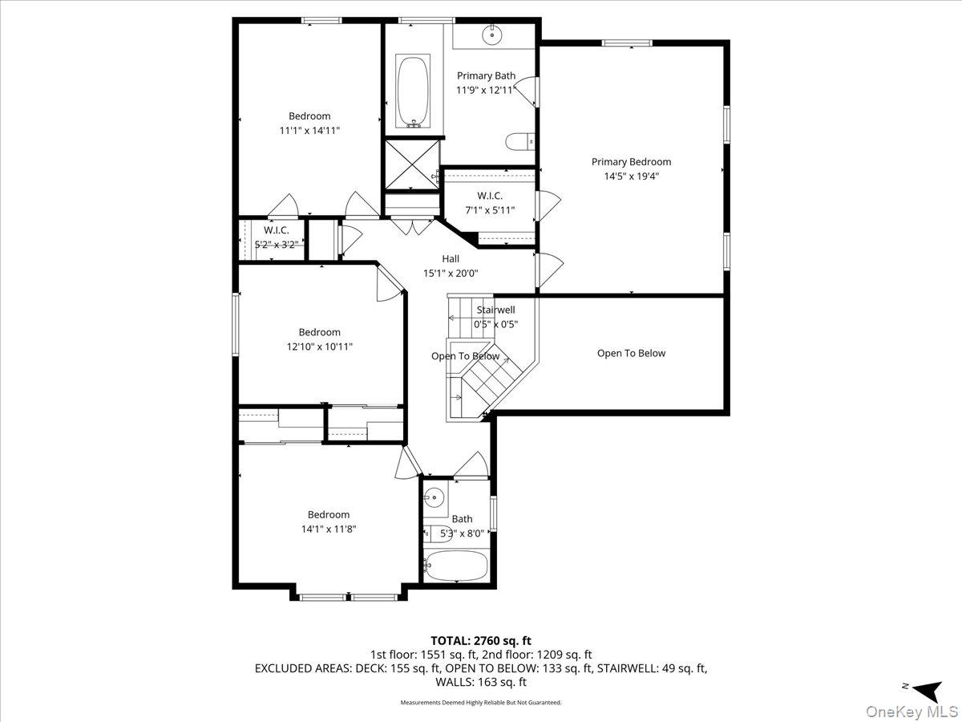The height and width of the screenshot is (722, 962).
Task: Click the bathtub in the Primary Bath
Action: click(412, 91)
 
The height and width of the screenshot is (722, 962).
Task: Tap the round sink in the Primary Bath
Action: click(491, 34)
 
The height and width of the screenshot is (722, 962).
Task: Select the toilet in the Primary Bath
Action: click(520, 142)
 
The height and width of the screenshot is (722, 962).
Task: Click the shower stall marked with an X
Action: click(411, 164)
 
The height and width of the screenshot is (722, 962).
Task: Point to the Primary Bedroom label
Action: click(631, 162)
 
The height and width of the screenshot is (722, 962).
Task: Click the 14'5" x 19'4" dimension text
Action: click(631, 176)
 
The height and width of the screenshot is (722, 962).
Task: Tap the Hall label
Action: click(451, 258)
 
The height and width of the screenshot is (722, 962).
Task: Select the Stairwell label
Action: click(495, 310)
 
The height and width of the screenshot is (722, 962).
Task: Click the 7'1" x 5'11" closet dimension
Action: click(490, 210)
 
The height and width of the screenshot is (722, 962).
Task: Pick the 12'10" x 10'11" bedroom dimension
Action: click(320, 347)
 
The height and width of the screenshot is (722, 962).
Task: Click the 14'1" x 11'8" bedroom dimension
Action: click(328, 529)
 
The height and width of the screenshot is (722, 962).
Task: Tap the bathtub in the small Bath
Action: click(456, 565)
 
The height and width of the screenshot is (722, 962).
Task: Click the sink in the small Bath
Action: click(434, 497)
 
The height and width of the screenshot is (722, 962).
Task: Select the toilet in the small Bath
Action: click(438, 533)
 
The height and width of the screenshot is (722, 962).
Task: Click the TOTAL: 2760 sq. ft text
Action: click(481, 641)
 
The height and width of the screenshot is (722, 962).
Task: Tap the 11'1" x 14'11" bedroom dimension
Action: click(309, 131)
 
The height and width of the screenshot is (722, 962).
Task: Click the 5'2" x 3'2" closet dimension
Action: click(276, 245)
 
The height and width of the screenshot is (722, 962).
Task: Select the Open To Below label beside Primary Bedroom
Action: click(631, 353)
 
